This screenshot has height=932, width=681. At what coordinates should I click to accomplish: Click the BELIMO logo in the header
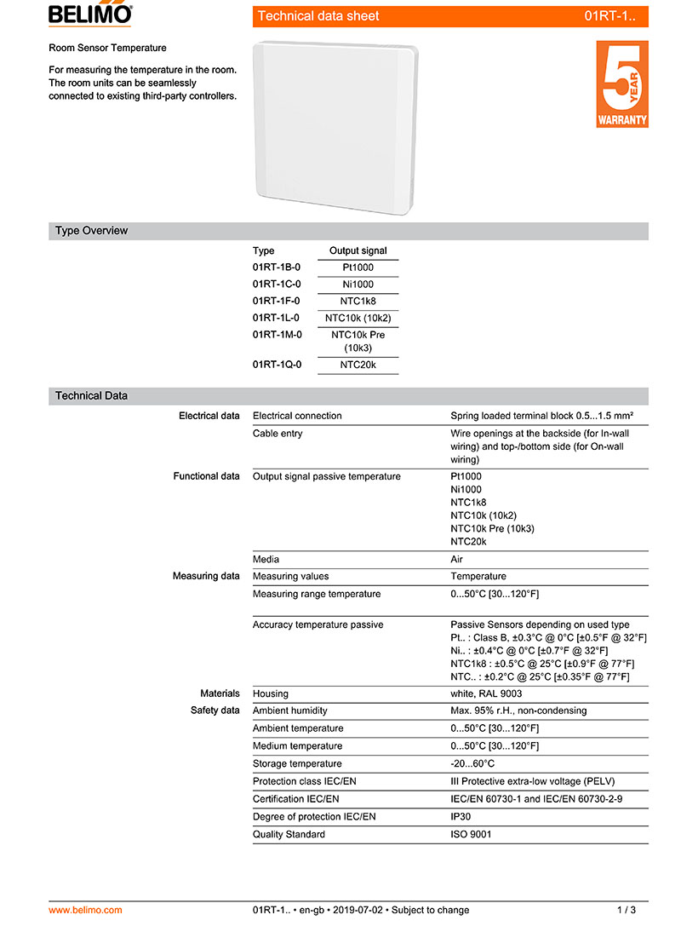tap(90, 14)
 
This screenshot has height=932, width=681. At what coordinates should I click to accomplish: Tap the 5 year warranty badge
tap(621, 84)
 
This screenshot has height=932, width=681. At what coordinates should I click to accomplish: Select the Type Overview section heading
tap(92, 231)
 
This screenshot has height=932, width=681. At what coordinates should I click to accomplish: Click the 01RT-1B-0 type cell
tap(277, 268)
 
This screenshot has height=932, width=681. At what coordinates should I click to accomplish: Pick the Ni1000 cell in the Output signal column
tap(358, 285)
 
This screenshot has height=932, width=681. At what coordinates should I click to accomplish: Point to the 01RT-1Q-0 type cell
tap(277, 365)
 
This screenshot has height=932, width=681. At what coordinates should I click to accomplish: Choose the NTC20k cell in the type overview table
tap(358, 365)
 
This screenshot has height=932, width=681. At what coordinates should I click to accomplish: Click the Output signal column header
tap(358, 251)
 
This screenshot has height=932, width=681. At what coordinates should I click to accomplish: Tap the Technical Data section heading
tap(91, 396)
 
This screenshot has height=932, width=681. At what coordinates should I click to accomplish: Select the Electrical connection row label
tap(297, 416)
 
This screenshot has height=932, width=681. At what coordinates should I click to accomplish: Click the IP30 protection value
tap(461, 817)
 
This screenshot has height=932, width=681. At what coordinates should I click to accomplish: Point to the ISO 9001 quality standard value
tap(471, 835)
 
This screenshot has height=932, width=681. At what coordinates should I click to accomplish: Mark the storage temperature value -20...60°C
tap(472, 764)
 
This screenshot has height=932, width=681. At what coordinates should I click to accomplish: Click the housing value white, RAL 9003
tap(486, 693)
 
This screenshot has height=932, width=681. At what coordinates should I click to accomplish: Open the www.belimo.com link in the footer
tap(85, 910)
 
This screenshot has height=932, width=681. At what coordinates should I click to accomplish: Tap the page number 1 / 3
tap(626, 910)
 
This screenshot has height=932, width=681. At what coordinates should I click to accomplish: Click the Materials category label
tap(220, 693)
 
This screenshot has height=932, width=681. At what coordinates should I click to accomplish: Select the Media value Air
tap(456, 560)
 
